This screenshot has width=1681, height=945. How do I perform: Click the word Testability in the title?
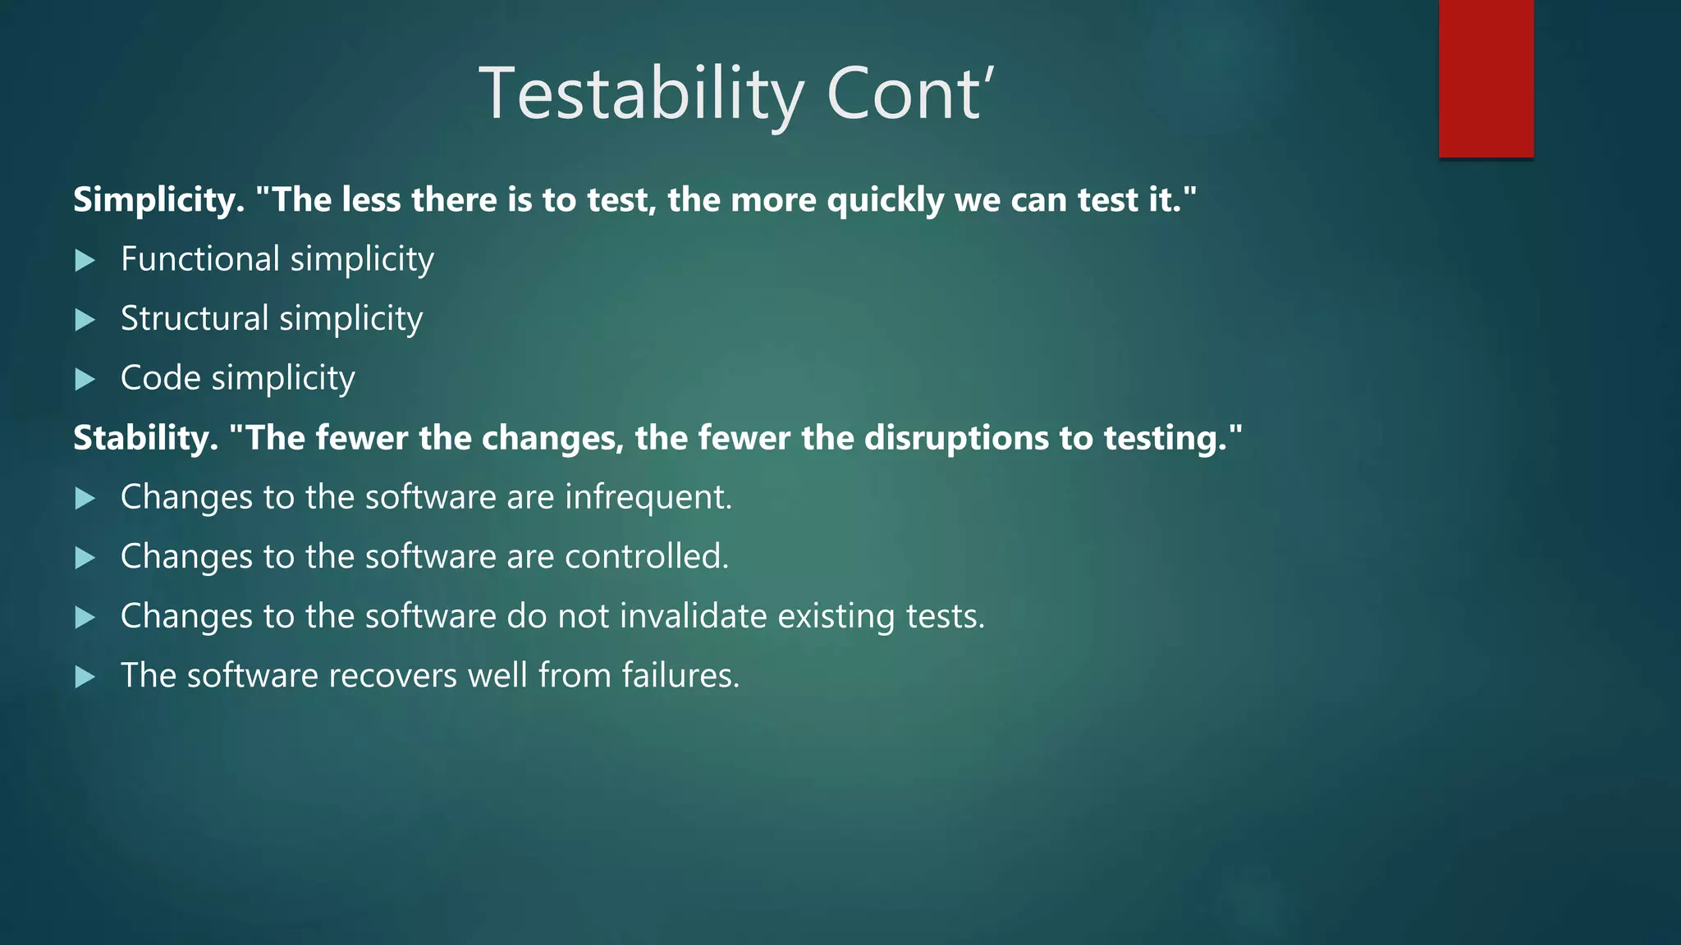641,95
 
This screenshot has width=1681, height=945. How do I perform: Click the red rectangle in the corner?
1486,78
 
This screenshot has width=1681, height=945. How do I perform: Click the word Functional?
200,259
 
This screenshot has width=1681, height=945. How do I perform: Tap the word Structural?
195,319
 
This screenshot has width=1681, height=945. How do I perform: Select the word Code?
160,378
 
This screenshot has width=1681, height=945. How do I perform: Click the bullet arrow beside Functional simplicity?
85,261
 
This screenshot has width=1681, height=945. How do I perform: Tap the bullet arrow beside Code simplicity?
85,380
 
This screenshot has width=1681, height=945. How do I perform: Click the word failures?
680,676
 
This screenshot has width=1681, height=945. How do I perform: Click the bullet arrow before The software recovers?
85,678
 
